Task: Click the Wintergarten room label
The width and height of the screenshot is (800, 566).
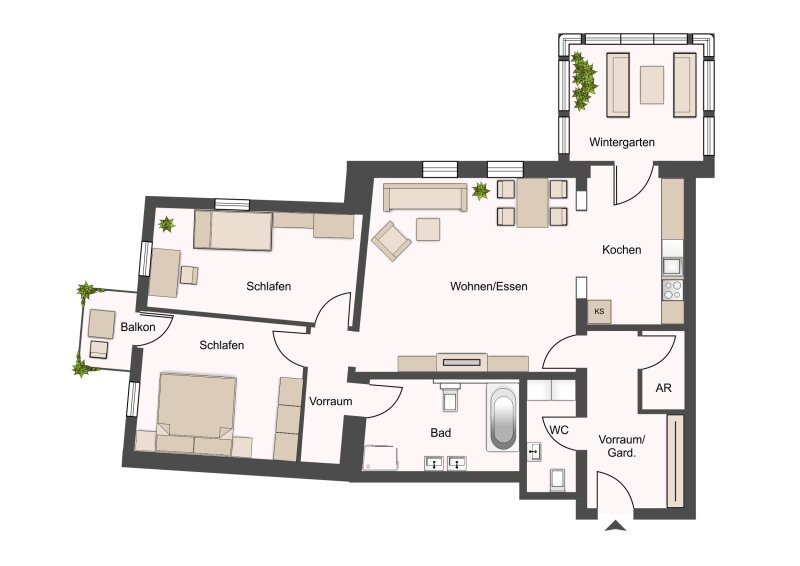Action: click(x=621, y=142)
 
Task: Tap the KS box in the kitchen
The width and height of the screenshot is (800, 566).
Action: click(x=599, y=311)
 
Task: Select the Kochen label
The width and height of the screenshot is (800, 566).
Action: click(x=621, y=250)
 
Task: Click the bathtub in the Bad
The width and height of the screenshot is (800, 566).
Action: click(x=503, y=419)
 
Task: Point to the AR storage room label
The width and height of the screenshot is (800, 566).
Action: click(x=663, y=388)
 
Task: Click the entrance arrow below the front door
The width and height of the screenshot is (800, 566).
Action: click(x=616, y=526)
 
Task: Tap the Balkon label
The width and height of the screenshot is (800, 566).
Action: click(x=138, y=327)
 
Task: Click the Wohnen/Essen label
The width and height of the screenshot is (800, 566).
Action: click(x=488, y=286)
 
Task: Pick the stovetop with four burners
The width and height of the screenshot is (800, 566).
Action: click(x=672, y=290)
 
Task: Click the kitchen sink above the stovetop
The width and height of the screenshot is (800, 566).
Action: click(x=672, y=266)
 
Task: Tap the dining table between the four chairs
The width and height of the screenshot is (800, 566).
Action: click(x=532, y=203)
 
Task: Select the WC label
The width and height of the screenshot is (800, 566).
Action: click(x=559, y=430)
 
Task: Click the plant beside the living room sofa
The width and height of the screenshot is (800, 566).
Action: click(x=481, y=191)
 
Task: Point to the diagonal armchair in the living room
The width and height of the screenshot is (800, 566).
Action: click(x=391, y=241)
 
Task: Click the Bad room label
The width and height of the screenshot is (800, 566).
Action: click(x=440, y=433)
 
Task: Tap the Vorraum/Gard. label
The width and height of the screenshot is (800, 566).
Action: click(x=621, y=446)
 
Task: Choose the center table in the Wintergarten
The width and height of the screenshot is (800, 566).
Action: click(x=652, y=85)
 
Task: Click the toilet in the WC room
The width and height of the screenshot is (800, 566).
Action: click(x=557, y=479)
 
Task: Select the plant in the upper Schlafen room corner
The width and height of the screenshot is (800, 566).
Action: click(x=166, y=224)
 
